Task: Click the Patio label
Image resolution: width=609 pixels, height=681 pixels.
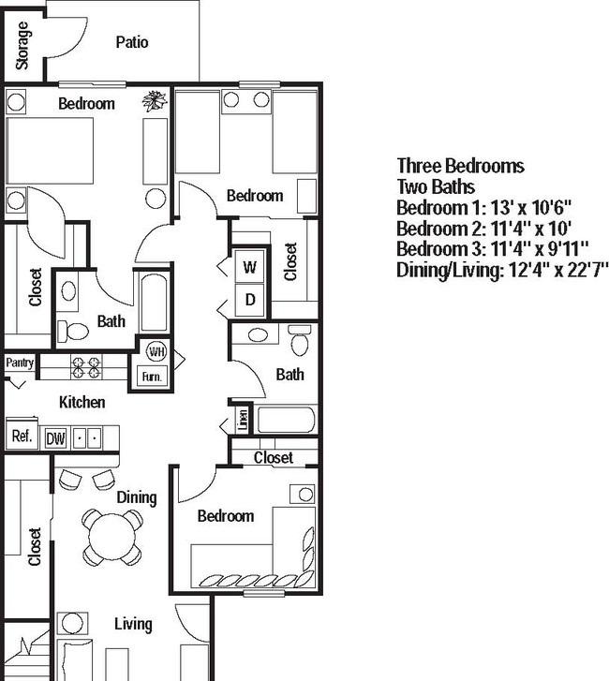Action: tap(132, 42)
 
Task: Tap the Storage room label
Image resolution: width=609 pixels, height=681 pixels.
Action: tap(22, 45)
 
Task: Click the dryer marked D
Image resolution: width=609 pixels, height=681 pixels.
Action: tap(250, 301)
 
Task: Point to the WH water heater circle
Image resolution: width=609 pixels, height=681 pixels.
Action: tap(156, 353)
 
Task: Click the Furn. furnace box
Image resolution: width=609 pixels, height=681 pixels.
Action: tap(152, 376)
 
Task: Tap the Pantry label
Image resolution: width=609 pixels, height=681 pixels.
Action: tap(20, 363)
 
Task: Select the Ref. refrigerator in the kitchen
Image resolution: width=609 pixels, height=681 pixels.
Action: tap(21, 436)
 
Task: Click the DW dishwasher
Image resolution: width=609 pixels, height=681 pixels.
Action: tap(55, 437)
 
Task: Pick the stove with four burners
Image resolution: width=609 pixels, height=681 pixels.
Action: tap(86, 366)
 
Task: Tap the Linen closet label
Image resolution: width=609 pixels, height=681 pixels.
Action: tap(243, 420)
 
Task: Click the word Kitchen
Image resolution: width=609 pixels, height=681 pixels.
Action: tap(82, 403)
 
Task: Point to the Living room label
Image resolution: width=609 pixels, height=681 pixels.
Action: tap(133, 624)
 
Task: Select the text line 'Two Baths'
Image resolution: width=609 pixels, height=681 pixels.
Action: tap(436, 186)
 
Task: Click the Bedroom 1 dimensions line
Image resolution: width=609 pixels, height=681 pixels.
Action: tap(483, 207)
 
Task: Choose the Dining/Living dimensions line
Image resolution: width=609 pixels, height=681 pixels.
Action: tap(502, 270)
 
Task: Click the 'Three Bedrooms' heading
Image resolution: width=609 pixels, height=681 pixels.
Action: tap(460, 166)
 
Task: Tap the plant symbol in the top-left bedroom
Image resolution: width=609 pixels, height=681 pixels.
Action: tap(154, 100)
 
